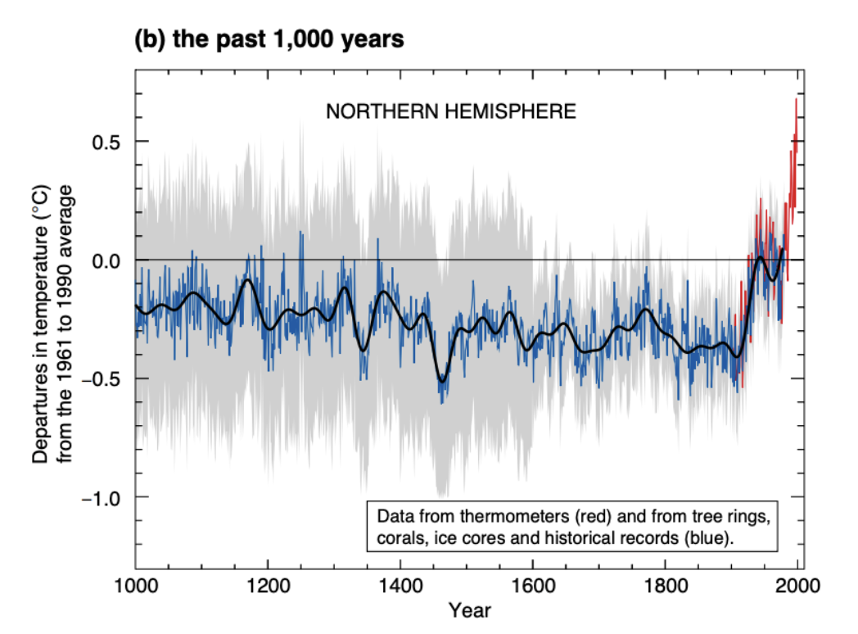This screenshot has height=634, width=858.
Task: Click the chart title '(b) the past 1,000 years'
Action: click(269, 38)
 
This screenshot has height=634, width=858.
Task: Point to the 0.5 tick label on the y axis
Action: click(105, 142)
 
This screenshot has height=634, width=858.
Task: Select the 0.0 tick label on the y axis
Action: click(105, 260)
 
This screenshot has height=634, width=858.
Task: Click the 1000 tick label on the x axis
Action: click(135, 586)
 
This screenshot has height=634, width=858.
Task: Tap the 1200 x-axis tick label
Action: click(268, 586)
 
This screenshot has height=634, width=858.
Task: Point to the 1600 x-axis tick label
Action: click(532, 586)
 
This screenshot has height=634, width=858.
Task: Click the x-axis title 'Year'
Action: click(469, 611)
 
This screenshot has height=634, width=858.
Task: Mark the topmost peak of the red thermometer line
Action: click(796, 99)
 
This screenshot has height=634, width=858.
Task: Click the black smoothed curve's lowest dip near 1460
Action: click(443, 381)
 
